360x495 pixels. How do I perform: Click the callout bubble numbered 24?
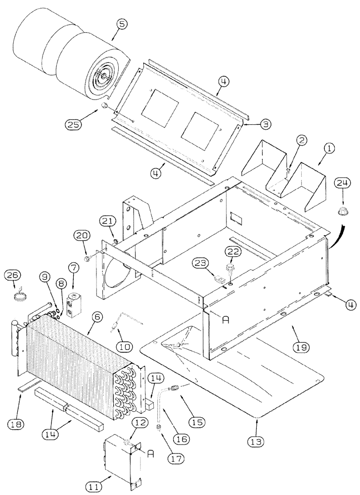coord(340,183)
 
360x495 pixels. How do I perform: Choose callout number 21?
coord(109,221)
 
